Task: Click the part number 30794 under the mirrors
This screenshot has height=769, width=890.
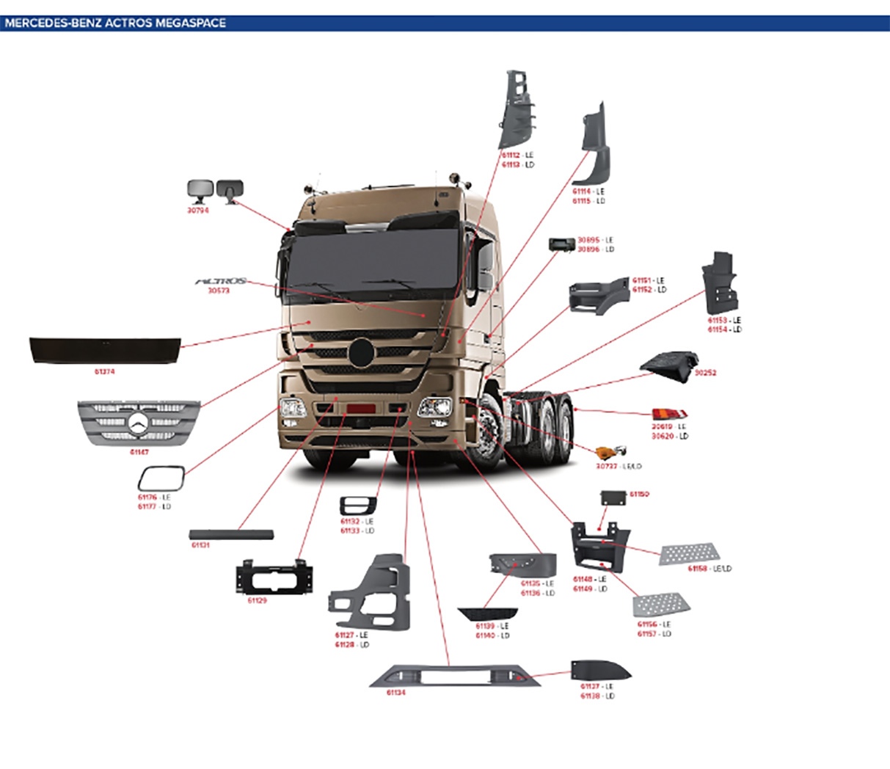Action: tap(197, 210)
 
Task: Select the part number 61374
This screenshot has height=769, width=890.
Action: tap(104, 372)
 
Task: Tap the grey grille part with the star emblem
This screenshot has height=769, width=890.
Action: tap(139, 423)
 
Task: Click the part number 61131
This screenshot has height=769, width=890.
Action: tap(200, 545)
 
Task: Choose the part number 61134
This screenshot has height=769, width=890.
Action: tap(395, 692)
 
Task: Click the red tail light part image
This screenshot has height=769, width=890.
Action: tap(669, 415)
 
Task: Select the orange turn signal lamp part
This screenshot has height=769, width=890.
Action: tap(607, 453)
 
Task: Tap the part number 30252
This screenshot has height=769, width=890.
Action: tap(705, 373)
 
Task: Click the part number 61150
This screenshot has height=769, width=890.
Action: tap(639, 495)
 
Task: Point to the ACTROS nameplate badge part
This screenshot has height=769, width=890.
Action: tap(220, 281)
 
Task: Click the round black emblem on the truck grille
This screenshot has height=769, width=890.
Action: tap(362, 352)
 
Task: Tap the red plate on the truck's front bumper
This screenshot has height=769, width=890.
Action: tap(361, 408)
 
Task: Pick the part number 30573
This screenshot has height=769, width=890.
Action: tap(218, 291)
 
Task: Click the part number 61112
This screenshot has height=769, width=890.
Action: tap(511, 156)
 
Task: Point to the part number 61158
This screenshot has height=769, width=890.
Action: tap(698, 569)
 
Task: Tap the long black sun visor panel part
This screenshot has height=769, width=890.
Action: tap(104, 349)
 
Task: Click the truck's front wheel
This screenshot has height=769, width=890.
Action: tap(488, 429)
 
